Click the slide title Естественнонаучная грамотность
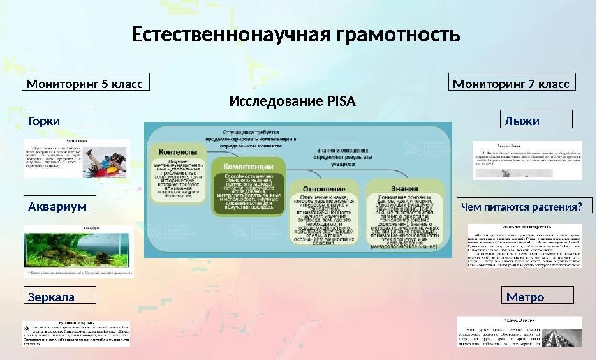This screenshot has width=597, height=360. pyautogui.click(x=295, y=34)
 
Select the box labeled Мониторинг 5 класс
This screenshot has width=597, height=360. pyautogui.click(x=86, y=83)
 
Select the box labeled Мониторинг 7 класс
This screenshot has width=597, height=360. pyautogui.click(x=513, y=83)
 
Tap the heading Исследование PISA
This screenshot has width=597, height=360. pyautogui.click(x=292, y=102)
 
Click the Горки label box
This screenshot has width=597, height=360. pyautogui.click(x=60, y=120)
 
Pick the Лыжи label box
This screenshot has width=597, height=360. pyautogui.click(x=535, y=120)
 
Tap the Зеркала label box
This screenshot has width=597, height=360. pyautogui.click(x=60, y=296)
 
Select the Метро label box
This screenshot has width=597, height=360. pyautogui.click(x=539, y=296)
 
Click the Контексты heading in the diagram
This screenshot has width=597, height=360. pyautogui.click(x=177, y=152)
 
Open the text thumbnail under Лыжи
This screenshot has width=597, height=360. pyautogui.click(x=527, y=160)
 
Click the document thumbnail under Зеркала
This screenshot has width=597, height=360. pyautogui.click(x=76, y=334)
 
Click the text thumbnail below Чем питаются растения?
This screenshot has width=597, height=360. pyautogui.click(x=524, y=245)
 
